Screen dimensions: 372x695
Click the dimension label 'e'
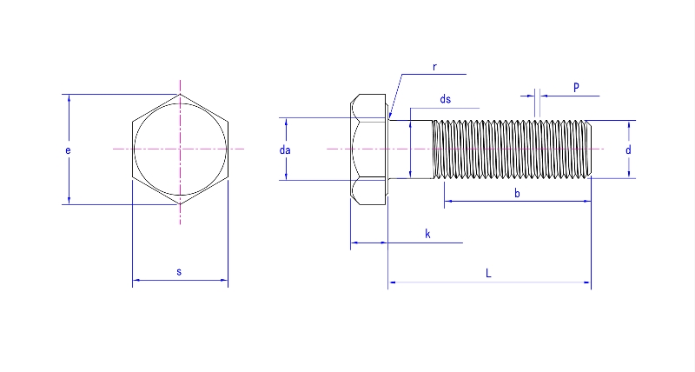68,150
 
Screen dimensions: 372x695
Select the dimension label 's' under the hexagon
179,272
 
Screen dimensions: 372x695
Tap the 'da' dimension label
284,150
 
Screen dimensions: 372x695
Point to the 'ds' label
445,99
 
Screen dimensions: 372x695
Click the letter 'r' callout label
434,67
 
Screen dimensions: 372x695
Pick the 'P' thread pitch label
577,87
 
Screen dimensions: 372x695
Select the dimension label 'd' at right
627,150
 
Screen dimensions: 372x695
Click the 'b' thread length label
517,193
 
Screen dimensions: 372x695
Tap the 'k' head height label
427,234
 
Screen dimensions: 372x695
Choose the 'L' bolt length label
488,273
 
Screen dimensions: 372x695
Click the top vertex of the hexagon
180,95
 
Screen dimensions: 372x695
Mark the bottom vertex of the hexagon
180,204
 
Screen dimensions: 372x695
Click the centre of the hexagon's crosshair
180,149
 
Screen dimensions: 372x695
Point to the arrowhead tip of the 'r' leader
390,117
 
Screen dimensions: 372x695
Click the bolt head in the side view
368,149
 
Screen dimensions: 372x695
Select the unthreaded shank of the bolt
410,149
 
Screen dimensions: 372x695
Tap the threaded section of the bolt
513,149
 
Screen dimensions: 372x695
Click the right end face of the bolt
590,149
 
